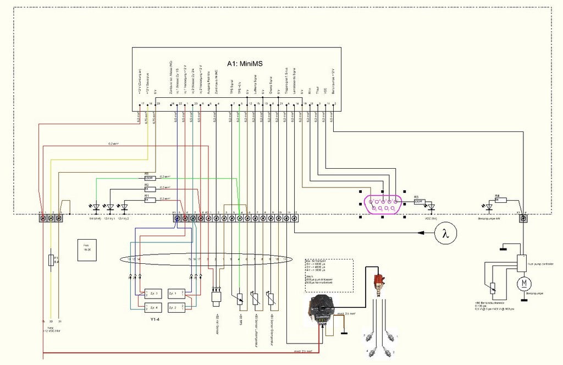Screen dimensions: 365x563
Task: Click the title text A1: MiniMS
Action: (245, 64)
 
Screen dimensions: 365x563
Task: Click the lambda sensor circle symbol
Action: (446, 234)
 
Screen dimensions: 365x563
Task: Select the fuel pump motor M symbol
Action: (523, 284)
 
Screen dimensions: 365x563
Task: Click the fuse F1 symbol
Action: (51, 260)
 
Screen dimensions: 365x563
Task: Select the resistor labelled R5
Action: (147, 178)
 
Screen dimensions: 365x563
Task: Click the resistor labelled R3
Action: (418, 201)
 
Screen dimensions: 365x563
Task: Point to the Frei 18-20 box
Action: (86, 247)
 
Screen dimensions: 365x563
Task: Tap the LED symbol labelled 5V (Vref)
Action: (96, 208)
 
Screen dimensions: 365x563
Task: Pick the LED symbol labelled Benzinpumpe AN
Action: (489, 208)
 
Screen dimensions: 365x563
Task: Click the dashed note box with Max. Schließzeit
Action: (329, 275)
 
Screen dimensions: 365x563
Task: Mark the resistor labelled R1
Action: (147, 200)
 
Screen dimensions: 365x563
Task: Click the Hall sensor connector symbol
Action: (216, 297)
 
